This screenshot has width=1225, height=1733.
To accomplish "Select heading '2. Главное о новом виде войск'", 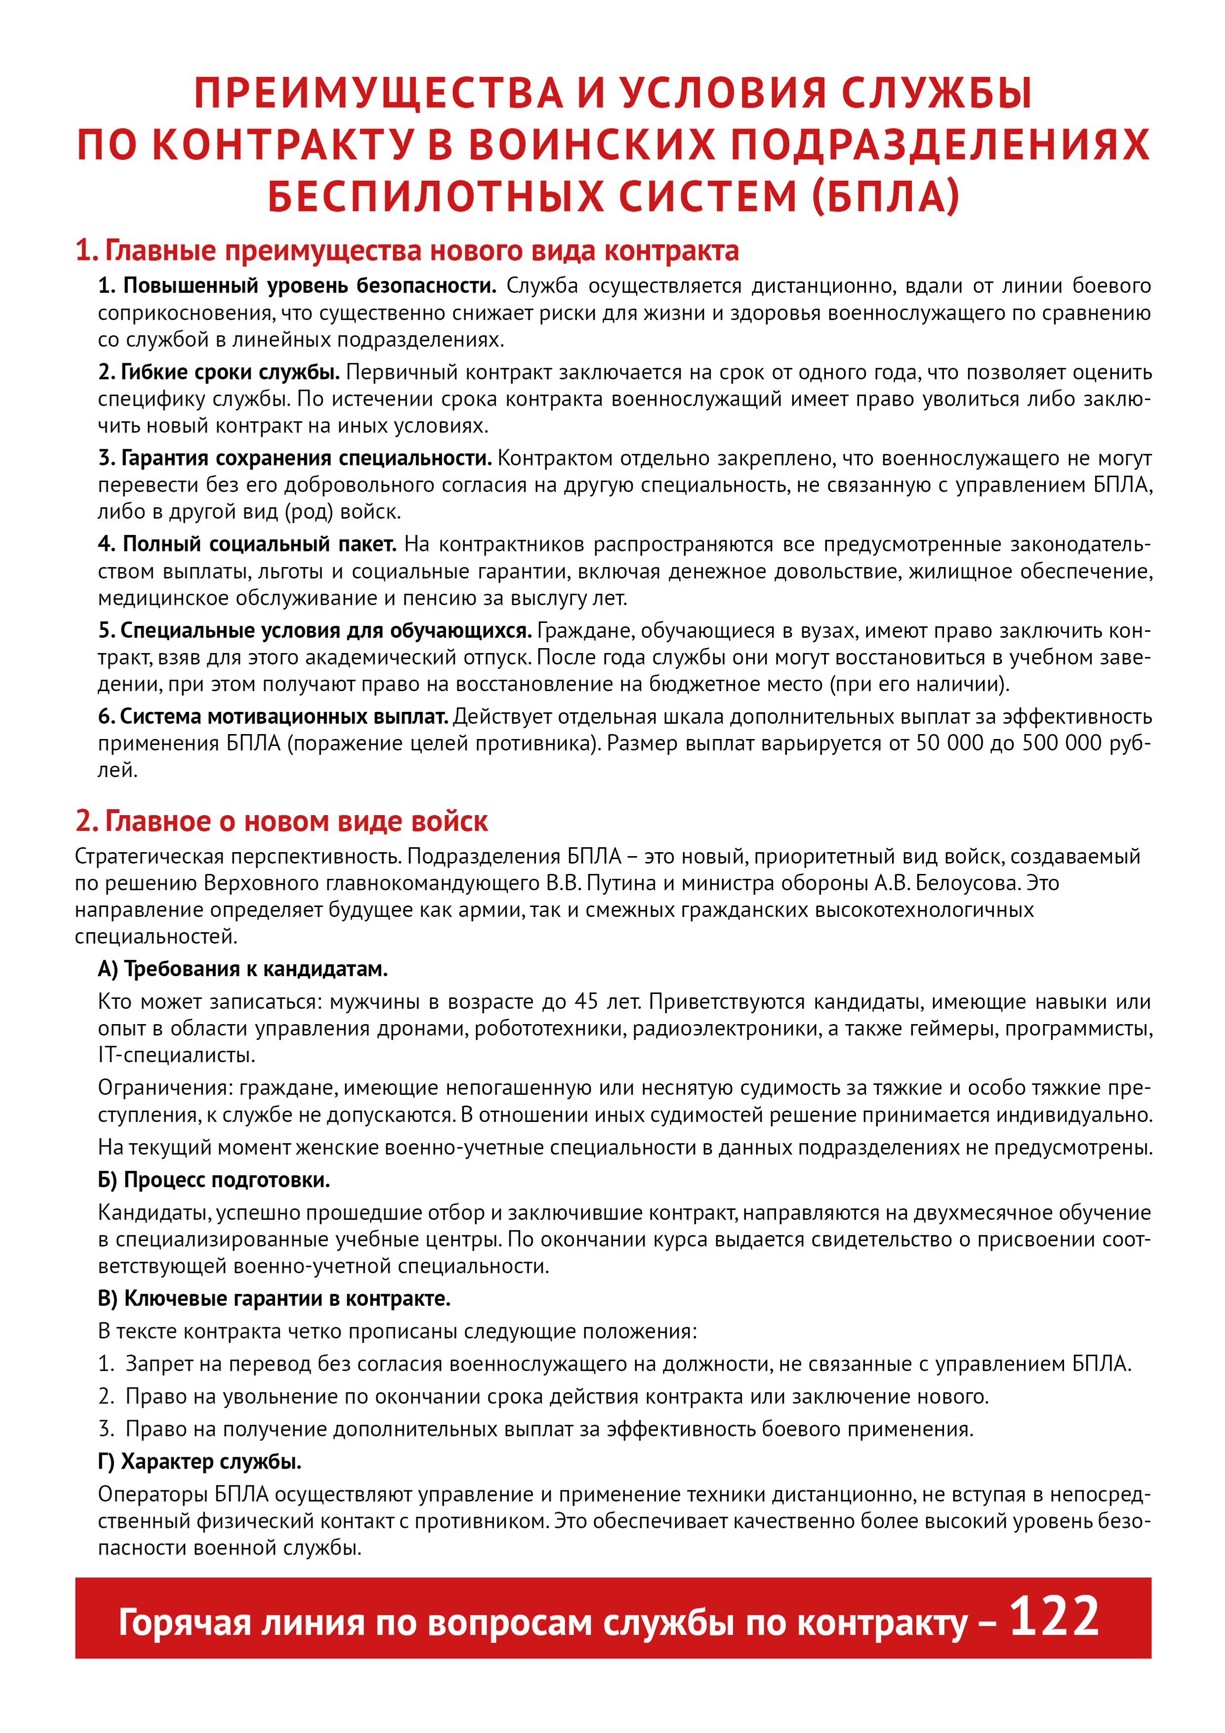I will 282,821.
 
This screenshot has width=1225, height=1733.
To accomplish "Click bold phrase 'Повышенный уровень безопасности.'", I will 309,286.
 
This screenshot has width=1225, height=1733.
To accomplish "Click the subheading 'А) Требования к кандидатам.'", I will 242,969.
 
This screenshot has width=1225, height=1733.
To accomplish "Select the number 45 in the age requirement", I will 586,1001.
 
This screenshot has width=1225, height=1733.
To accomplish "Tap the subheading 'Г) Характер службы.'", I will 199,1462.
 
